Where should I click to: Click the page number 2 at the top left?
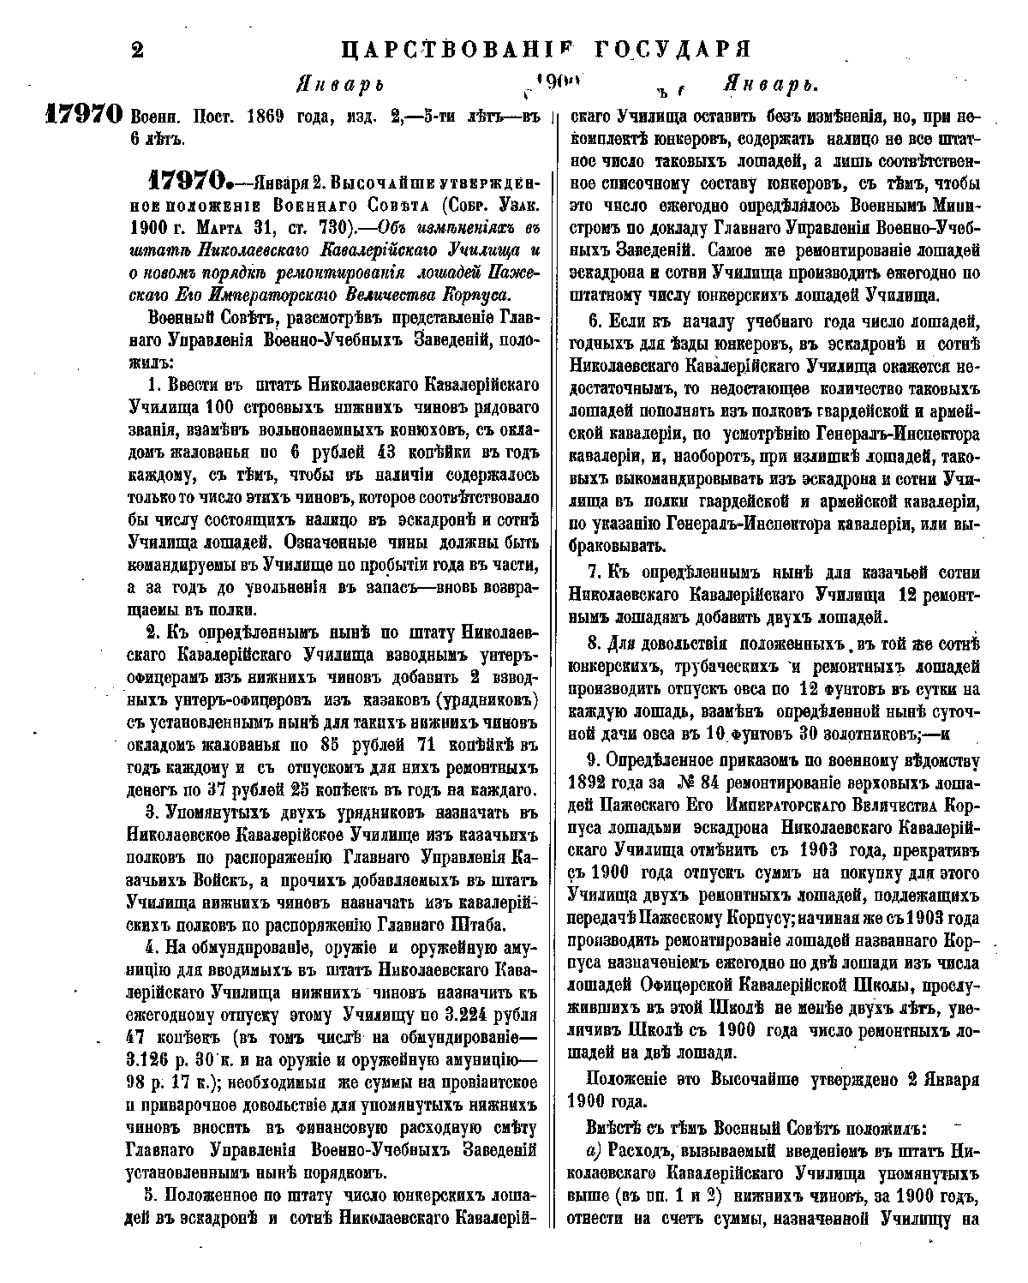coord(134,49)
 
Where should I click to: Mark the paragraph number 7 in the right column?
coord(592,572)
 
